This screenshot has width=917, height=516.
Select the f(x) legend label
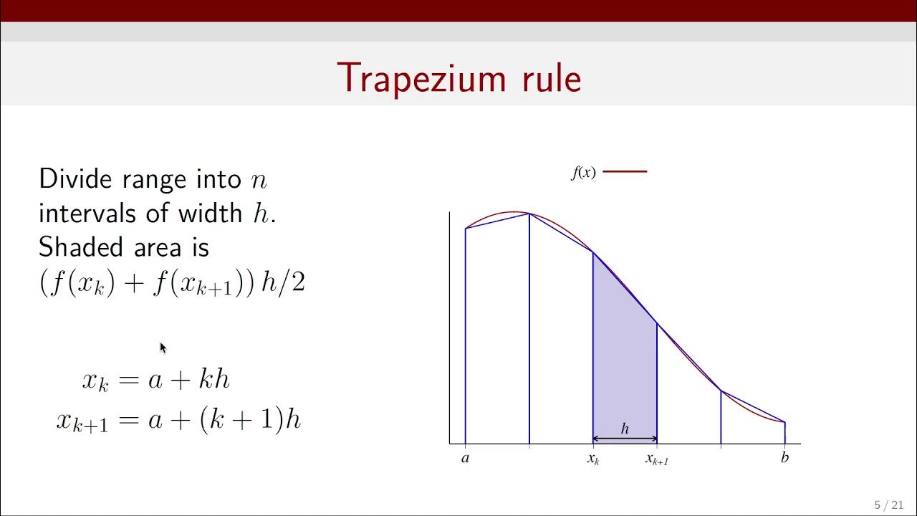[x=583, y=173]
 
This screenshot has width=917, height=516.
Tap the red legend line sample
[x=625, y=171]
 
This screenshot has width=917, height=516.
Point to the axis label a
[x=465, y=458]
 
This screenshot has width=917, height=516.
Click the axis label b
[x=784, y=458]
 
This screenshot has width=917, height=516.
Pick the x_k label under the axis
[x=593, y=459]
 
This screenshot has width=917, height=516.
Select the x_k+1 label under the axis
[x=656, y=459]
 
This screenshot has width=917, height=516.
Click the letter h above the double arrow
[x=625, y=429]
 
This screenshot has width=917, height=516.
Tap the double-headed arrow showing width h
[x=625, y=439]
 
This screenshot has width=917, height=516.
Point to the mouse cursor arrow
[x=163, y=348]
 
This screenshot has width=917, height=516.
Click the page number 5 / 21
[x=888, y=505]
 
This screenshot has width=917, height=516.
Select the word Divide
[x=76, y=178]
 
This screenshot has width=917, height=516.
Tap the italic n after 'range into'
[x=259, y=180]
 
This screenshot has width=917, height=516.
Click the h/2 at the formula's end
[x=284, y=282]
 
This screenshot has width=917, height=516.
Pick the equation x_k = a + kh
[x=155, y=380]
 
